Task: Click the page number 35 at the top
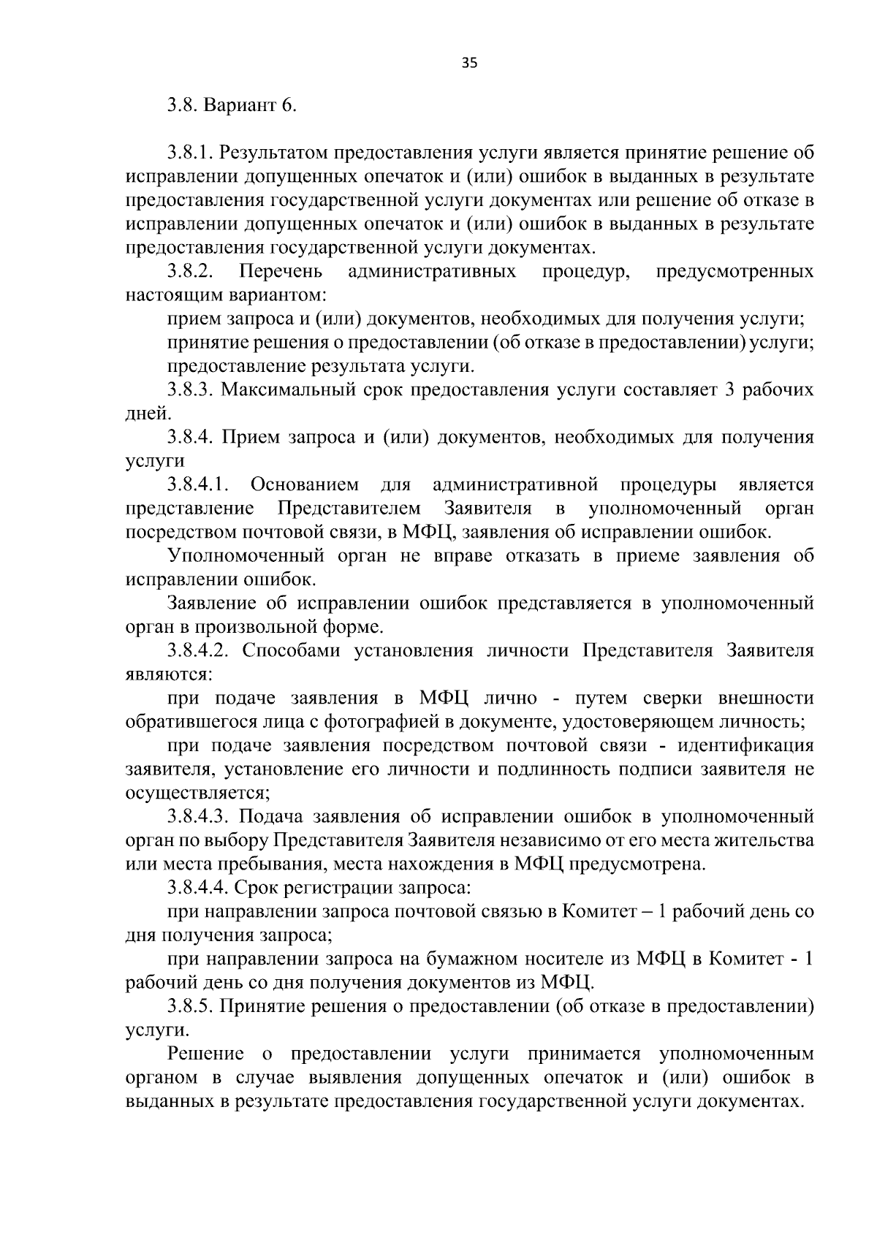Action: pos(469,64)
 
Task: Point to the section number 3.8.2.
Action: pos(189,272)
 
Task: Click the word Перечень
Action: pos(281,272)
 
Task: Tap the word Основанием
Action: pos(305,485)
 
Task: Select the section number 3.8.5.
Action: pos(189,1006)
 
